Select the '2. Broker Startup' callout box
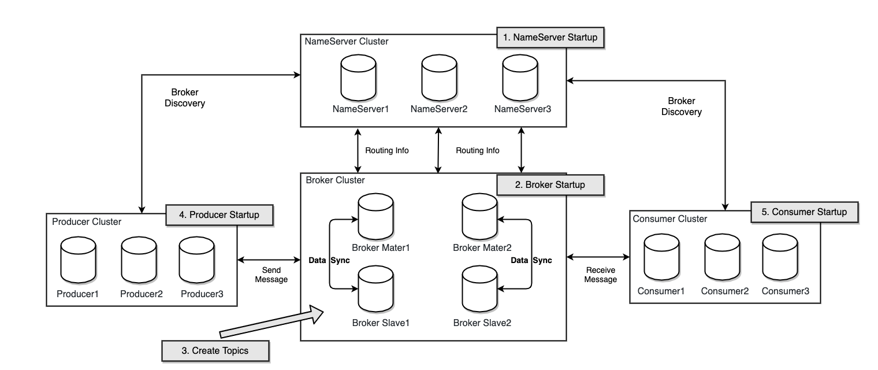pos(550,185)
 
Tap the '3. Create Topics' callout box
pos(215,350)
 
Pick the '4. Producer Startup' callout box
pos(219,215)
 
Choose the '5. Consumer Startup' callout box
pos(804,212)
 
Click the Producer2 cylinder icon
pos(139,260)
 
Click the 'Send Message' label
pos(271,275)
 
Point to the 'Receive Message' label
pos(601,275)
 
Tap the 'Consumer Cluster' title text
pos(670,219)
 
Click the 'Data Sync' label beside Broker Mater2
pos(531,260)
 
